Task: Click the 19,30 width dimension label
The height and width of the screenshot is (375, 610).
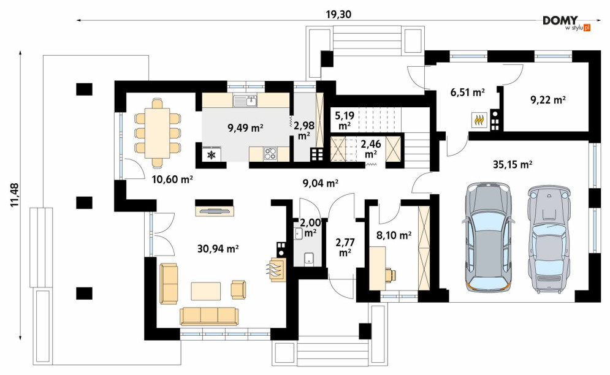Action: pos(338,14)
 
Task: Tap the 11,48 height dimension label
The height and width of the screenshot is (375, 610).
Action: pos(15,195)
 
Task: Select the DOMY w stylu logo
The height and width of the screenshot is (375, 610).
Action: pos(566,23)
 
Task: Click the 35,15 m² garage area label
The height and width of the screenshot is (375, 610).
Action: pos(513,165)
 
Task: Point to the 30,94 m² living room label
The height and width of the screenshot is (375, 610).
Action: pos(218,249)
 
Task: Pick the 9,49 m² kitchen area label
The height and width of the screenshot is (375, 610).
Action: pos(245,127)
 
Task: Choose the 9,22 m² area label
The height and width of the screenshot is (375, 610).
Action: pos(547,100)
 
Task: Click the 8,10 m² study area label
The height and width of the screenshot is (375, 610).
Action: pos(394,235)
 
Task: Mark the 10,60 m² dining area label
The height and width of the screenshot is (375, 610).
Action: pos(173,180)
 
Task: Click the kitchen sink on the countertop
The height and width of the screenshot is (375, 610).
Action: pos(245,101)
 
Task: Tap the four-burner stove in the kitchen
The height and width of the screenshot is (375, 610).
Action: pos(270,154)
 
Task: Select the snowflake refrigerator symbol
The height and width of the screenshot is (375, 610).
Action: pos(212,154)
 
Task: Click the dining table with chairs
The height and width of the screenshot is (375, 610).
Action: pos(158,133)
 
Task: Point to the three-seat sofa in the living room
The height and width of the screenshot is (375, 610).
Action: pos(209,316)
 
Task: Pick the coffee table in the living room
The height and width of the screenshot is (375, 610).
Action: pos(206,291)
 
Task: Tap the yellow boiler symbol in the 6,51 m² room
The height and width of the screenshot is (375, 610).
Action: pos(479,120)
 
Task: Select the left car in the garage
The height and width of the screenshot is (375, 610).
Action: pos(488,237)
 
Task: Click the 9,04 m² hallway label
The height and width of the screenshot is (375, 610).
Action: pos(320,183)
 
